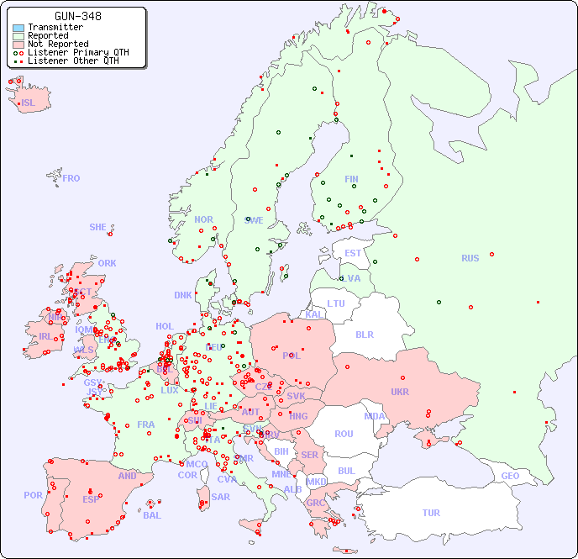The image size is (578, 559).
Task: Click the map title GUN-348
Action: (78, 16)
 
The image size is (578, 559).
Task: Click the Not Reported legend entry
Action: (57, 44)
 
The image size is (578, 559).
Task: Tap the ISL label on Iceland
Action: (29, 103)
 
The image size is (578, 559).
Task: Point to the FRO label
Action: (71, 178)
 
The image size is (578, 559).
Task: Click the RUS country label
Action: (470, 258)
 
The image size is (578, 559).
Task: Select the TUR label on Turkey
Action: (431, 513)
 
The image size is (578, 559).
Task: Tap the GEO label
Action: (510, 476)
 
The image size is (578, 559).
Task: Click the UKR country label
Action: (399, 392)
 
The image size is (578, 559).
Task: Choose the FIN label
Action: (351, 179)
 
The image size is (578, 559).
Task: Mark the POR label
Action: (33, 495)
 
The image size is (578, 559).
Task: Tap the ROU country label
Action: (344, 434)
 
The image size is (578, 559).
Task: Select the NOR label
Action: (203, 219)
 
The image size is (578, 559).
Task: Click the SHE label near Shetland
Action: (98, 227)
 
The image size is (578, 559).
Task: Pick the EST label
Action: (353, 253)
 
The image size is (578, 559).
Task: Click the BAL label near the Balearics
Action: (152, 515)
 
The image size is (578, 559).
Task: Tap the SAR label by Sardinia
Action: (220, 497)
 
